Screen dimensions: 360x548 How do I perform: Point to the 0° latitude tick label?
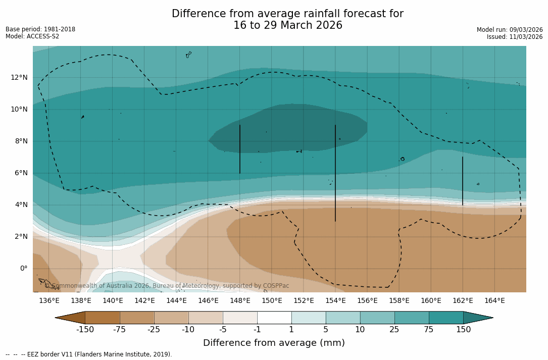tap(23, 268)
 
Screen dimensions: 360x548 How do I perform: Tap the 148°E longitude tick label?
tap(240, 301)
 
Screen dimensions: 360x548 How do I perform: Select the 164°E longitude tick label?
tap(494, 301)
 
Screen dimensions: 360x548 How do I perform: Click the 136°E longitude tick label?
tap(49, 301)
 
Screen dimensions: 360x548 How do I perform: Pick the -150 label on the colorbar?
tap(85, 330)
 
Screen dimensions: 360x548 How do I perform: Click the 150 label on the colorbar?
tap(463, 330)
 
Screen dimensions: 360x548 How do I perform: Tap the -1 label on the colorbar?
tap(257, 330)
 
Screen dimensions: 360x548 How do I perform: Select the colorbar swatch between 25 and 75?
tap(412, 318)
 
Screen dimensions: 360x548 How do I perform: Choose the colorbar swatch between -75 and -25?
tap(137, 318)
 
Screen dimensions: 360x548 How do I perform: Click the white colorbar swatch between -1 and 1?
tap(274, 318)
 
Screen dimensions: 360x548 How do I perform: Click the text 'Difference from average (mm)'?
tap(274, 343)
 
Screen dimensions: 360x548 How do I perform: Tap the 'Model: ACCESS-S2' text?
tap(32, 36)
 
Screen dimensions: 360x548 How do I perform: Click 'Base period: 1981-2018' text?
tap(40, 29)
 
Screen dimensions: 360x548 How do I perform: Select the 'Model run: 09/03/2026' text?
tap(510, 30)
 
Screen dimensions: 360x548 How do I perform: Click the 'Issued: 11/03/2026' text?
tap(515, 37)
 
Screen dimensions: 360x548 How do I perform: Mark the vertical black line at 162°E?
tap(462, 181)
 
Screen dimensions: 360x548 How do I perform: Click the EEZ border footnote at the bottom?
tap(89, 354)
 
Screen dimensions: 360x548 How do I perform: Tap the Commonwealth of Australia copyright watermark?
tap(167, 286)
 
